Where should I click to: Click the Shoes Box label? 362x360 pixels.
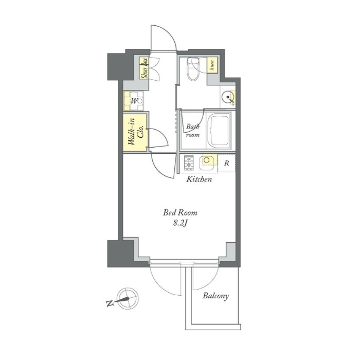[144, 68]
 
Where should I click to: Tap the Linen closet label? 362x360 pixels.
[212, 65]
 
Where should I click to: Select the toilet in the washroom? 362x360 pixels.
[193, 68]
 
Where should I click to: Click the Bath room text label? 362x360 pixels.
[193, 131]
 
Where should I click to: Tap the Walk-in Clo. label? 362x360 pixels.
[136, 132]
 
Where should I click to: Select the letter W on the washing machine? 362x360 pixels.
[134, 101]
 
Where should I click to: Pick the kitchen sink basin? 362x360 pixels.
[207, 160]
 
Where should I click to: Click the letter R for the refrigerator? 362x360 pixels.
[226, 163]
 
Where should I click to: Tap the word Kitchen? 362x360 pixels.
[199, 179]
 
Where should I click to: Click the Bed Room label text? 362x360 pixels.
[180, 212]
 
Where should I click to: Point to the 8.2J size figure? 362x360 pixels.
[180, 223]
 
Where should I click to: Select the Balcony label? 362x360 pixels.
[215, 296]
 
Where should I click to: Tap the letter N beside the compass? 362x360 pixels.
[110, 303]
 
